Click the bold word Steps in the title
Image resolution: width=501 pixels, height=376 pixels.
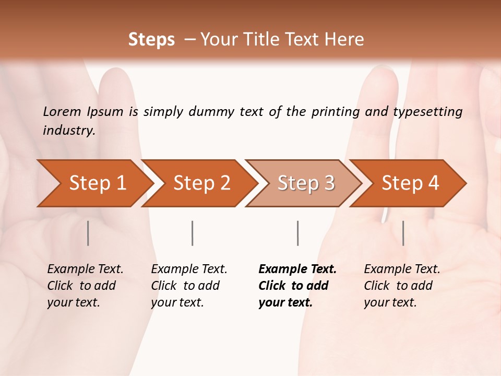coord(151,40)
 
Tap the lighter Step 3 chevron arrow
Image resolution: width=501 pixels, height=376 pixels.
coord(306,183)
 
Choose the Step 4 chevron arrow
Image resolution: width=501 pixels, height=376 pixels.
coord(410,183)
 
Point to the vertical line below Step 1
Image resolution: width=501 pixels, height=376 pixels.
coord(88,233)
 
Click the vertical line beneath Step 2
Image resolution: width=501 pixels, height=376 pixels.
coord(193,233)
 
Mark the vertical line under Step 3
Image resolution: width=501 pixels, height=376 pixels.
coord(297,233)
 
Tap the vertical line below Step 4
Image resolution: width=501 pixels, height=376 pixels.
coord(403,233)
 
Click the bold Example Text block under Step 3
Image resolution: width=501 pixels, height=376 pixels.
coord(297,286)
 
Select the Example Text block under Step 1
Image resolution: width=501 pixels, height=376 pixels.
coord(85,286)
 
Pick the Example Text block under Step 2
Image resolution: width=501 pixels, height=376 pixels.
coord(189,286)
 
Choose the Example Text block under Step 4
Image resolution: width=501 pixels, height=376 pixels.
coord(402,286)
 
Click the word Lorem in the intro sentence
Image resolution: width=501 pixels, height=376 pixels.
coord(62,111)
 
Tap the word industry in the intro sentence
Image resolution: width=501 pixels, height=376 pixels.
coord(69,131)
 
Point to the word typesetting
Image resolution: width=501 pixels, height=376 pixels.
coord(427,112)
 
